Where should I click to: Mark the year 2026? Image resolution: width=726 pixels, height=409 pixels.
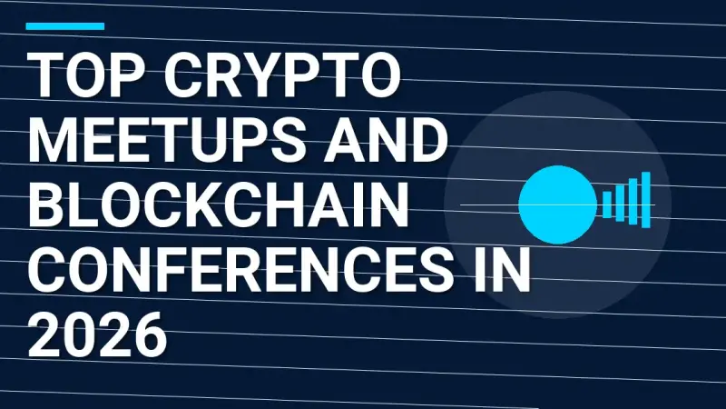coord(97,336)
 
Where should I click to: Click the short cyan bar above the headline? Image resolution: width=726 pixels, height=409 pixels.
coord(64,26)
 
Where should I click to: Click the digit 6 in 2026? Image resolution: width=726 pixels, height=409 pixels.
coord(148,336)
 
